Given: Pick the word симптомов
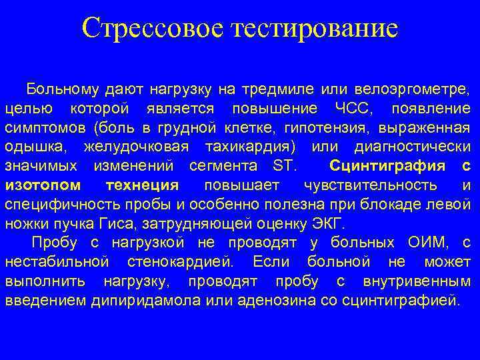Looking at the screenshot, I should point(45,127).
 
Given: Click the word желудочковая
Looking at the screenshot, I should point(136,146).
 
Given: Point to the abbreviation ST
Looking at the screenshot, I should point(283,165).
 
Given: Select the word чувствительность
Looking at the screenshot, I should point(370,185).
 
